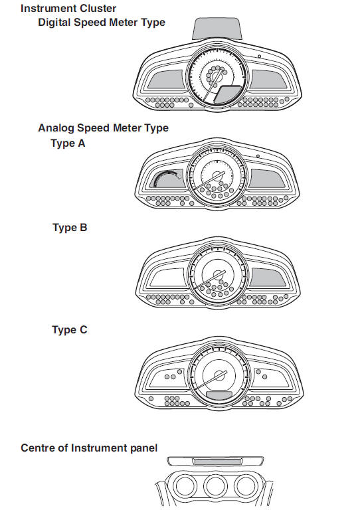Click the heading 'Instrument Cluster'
tap(68, 8)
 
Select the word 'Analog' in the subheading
tap(56, 128)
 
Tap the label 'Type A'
tap(68, 143)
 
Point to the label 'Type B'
tap(70, 228)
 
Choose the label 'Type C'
tap(70, 330)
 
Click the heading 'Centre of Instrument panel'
tap(89, 448)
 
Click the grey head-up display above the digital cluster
tap(217, 29)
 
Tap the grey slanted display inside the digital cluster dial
tap(228, 95)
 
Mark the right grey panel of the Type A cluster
tap(267, 178)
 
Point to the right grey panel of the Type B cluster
tap(268, 278)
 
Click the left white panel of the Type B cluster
tap(167, 278)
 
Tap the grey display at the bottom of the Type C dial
tap(219, 394)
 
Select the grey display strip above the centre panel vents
tap(217, 462)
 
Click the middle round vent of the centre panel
tap(215, 486)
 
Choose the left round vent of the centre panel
tap(185, 486)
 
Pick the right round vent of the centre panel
tap(246, 486)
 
